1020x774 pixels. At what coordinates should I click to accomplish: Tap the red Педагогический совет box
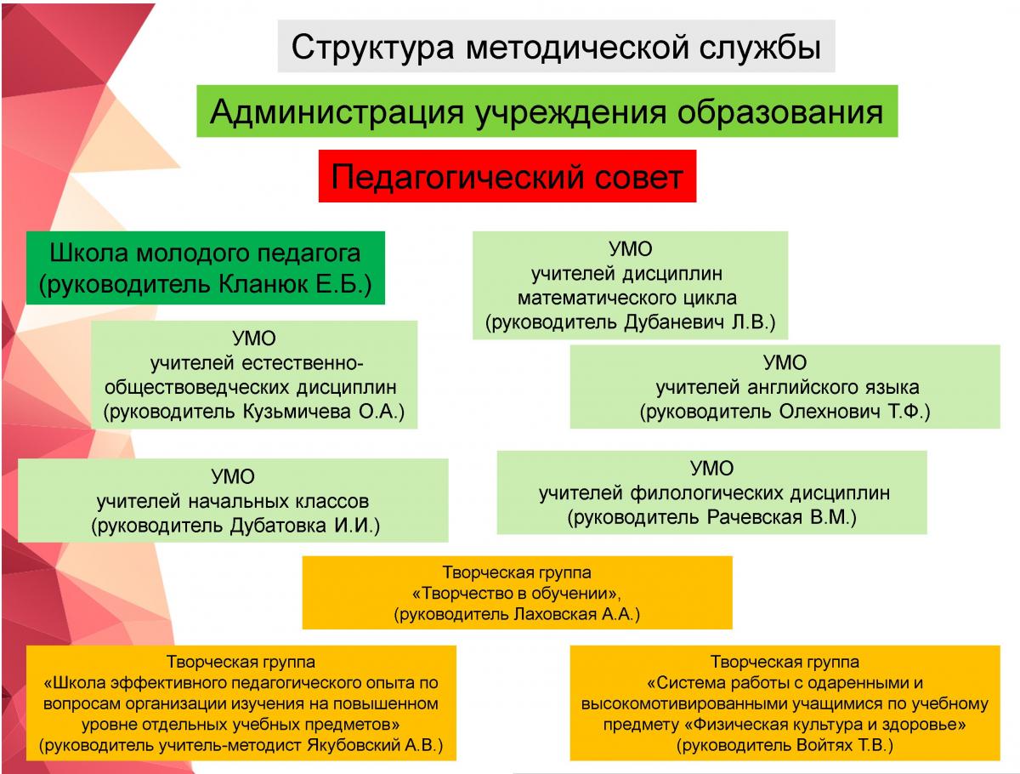click(507, 178)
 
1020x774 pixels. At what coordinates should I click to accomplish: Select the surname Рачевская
click(754, 517)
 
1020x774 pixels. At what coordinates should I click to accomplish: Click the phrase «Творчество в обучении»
click(517, 594)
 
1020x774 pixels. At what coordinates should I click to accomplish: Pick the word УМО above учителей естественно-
click(254, 339)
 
